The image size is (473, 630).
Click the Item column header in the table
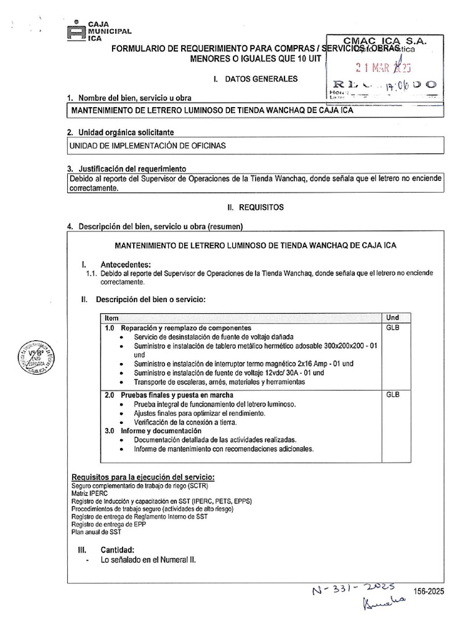111,317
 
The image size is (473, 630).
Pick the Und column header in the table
392,317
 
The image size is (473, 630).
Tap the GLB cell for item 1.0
392,328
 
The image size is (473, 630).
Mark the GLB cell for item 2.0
392,394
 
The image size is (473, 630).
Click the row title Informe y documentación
161,431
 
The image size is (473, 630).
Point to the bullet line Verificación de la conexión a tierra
185,422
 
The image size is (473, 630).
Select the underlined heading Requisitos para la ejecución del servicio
143,477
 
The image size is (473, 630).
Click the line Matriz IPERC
90,493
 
